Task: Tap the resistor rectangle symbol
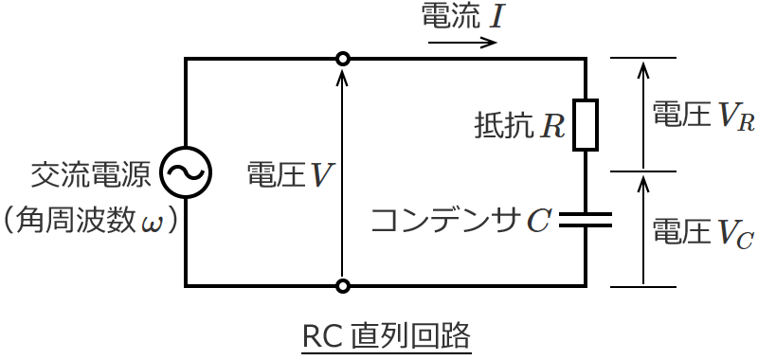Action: point(586,124)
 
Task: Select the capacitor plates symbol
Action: point(586,220)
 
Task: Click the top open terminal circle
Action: point(343,59)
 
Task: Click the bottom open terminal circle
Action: point(343,285)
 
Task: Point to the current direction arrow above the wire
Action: point(463,43)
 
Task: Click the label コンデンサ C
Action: point(460,221)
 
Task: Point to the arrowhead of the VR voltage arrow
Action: point(643,67)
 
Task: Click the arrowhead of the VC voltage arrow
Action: point(643,180)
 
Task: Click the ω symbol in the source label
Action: point(153,224)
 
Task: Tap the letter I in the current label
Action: point(496,16)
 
